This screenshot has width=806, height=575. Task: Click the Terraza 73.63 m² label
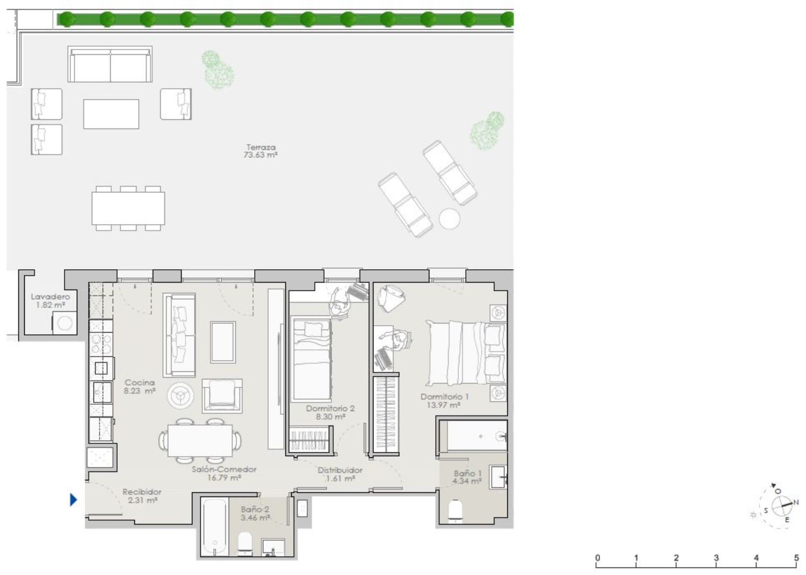[261, 151]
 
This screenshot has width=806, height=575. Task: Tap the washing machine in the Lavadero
[65, 323]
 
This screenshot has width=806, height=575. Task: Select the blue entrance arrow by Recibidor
[73, 499]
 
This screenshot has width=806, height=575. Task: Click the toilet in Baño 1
[455, 511]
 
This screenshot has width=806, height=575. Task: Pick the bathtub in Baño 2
[214, 527]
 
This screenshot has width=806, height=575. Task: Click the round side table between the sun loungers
[449, 218]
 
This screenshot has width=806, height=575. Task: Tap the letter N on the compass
[796, 502]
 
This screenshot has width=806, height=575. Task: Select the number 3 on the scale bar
[716, 558]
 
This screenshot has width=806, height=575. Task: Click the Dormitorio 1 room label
[444, 400]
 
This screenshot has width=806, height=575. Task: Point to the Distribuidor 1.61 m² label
[340, 475]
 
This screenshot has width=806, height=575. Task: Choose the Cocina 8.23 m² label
[140, 386]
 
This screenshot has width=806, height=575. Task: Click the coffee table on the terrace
[111, 114]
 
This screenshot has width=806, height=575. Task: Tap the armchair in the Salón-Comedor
[222, 396]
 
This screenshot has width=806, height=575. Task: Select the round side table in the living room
[180, 396]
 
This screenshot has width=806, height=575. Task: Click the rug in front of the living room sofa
[223, 342]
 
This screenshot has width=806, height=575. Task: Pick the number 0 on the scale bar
[598, 558]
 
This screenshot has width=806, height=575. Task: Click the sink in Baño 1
[498, 477]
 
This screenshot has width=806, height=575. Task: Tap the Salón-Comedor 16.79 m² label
[224, 473]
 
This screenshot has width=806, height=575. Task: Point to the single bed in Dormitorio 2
[312, 359]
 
